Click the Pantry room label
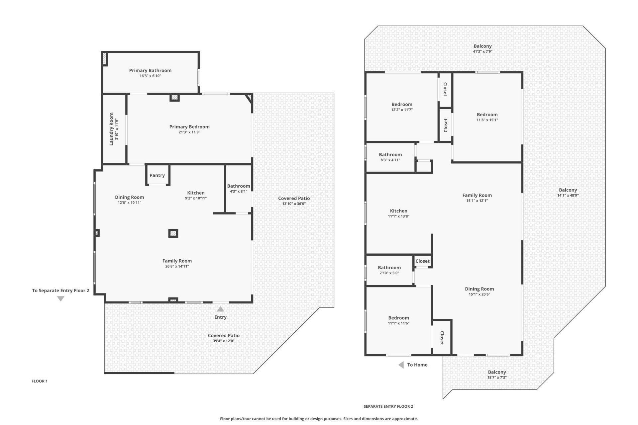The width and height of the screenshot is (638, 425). click(157, 175)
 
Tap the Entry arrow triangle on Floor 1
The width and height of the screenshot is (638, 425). click(220, 309)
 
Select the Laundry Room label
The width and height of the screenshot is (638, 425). click(111, 129)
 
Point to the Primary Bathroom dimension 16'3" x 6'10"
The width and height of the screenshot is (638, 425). click(150, 76)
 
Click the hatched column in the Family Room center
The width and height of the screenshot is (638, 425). click(173, 233)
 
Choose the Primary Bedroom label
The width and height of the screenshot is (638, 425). click(189, 127)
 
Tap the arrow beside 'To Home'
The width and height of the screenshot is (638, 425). click(401, 365)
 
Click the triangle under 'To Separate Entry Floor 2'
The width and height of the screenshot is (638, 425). click(60, 299)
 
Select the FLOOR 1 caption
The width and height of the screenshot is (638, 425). click(40, 381)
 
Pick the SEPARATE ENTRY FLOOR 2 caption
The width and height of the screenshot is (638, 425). click(388, 406)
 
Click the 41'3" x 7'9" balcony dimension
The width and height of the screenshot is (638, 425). click(482, 51)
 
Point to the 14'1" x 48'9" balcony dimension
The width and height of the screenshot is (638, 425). click(568, 196)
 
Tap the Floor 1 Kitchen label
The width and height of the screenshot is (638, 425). click(196, 193)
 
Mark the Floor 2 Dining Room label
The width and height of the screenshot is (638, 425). click(479, 289)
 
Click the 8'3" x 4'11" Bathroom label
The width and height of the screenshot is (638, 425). click(390, 154)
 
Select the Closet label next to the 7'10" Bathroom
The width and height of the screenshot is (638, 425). click(423, 261)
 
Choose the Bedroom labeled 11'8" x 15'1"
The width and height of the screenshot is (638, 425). click(487, 115)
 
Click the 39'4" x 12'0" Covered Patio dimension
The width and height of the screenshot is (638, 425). click(224, 341)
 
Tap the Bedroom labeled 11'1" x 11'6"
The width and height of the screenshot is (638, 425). click(398, 318)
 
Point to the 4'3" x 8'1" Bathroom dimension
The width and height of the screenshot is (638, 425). click(239, 192)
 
